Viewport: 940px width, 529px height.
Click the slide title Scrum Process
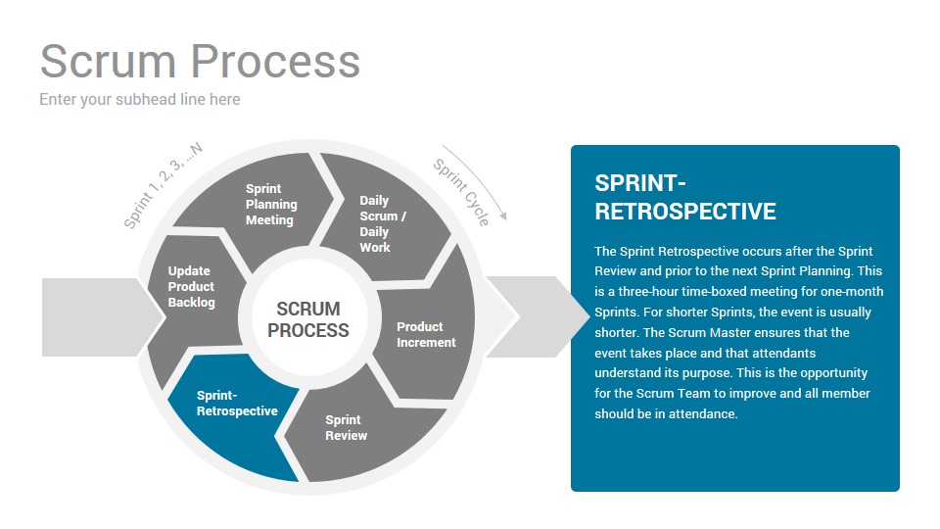point(200,61)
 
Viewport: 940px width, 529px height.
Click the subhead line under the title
point(140,100)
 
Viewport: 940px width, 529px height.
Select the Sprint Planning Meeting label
point(271,205)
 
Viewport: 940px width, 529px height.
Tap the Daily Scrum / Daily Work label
point(383,223)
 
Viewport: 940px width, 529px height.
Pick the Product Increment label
point(426,335)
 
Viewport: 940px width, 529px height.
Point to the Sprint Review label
point(346,428)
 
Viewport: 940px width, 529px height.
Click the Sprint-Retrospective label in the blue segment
point(237,403)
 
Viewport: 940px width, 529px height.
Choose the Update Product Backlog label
point(191,287)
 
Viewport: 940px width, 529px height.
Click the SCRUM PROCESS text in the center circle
point(308,319)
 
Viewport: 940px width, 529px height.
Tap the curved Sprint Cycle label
point(461,192)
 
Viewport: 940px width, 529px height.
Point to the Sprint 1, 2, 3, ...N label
point(163,185)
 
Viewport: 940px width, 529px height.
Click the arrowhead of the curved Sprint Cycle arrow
point(503,216)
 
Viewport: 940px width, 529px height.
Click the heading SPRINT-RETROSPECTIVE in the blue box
point(685,197)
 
